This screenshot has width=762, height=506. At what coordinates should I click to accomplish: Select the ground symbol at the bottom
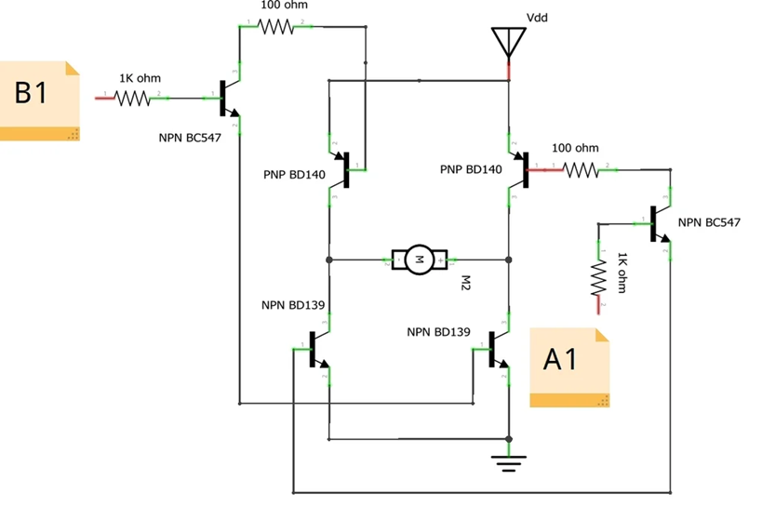coord(508,458)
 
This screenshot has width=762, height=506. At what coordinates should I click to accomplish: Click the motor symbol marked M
coord(420,260)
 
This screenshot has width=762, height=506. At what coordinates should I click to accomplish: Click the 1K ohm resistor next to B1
coord(132,97)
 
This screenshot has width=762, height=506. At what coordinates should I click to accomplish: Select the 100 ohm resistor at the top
coord(276,27)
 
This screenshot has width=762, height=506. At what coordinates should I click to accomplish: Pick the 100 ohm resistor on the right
coord(582,169)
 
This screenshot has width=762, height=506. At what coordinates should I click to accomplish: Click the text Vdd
coord(538,18)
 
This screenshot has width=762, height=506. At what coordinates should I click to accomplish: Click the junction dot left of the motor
coord(329,260)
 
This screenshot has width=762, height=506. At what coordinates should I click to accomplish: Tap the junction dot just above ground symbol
coord(508,438)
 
